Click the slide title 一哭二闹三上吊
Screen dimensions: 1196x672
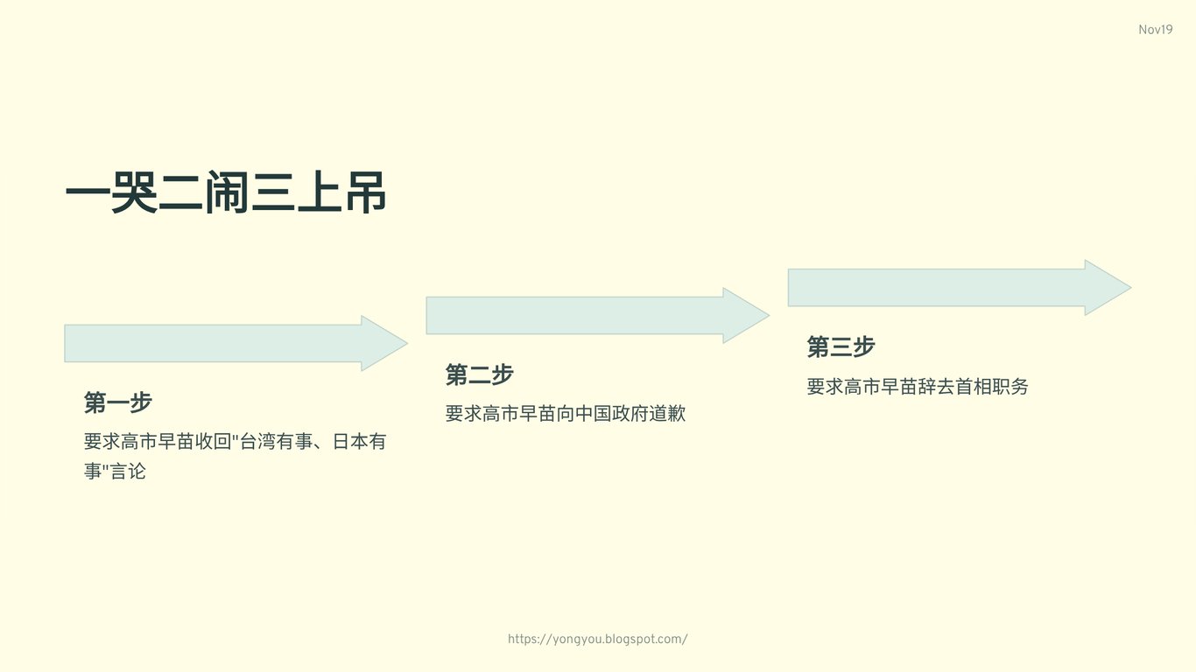(226, 195)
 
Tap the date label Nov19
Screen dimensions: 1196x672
(1155, 30)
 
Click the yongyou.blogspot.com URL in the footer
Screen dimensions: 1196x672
(597, 639)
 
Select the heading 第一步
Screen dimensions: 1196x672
(118, 402)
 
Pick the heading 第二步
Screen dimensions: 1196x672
(479, 374)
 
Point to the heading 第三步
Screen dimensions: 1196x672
(841, 346)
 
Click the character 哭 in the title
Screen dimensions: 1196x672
(134, 195)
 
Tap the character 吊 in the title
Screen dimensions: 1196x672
(365, 195)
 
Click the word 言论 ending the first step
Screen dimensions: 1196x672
(128, 471)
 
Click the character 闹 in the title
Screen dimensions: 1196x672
(226, 195)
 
